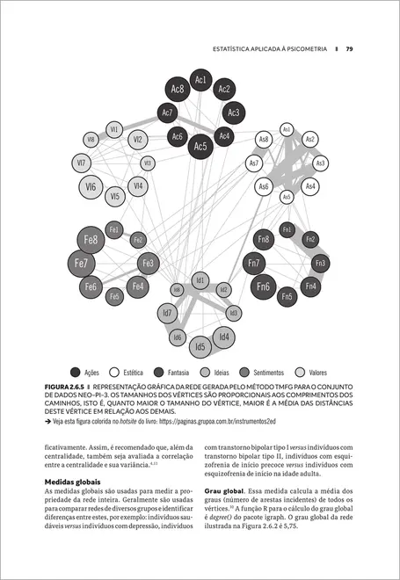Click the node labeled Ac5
(x=200, y=146)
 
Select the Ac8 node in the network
(x=177, y=89)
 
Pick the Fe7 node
(x=81, y=262)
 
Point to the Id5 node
(x=200, y=346)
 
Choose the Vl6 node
(x=91, y=186)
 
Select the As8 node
(x=264, y=139)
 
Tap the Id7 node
(x=166, y=313)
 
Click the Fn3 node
(x=320, y=263)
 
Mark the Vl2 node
(x=137, y=139)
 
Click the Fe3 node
(x=149, y=262)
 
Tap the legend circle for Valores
(x=302, y=372)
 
